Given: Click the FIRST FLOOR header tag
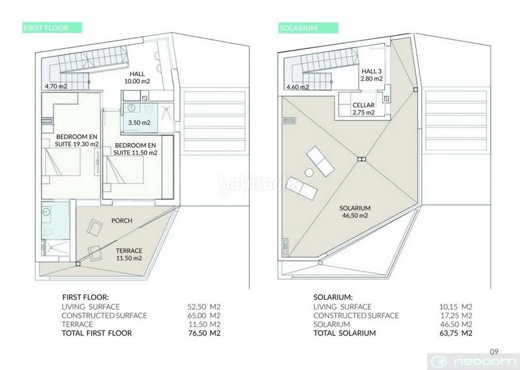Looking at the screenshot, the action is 52,27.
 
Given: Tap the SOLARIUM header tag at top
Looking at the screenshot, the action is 308,28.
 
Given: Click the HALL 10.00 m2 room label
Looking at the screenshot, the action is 137,77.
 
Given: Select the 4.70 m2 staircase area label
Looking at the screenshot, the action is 56,86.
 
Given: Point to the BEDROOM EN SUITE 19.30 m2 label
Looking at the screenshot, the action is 77,140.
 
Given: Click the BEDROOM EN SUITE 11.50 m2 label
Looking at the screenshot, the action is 135,149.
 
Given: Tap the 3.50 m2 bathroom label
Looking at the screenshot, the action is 139,122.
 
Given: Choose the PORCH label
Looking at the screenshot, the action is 122,220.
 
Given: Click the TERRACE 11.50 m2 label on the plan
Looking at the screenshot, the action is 129,254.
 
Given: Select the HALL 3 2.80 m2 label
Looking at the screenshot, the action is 372,75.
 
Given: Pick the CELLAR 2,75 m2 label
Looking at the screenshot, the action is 363,109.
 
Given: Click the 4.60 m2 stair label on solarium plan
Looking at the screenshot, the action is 298,87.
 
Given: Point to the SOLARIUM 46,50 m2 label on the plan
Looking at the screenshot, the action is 355,212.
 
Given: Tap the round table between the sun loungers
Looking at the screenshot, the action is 309,172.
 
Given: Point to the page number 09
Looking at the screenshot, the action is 494,351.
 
